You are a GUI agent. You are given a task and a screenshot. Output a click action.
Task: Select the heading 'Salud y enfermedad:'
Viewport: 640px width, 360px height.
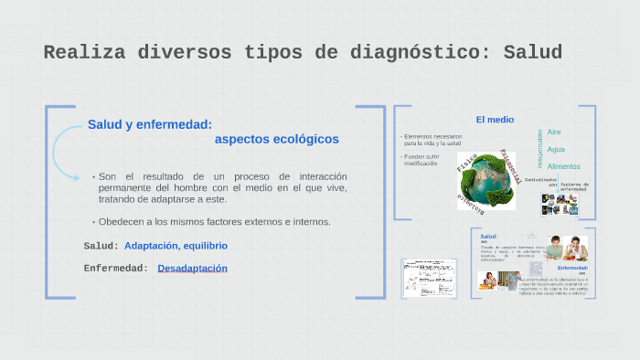pos(150,124)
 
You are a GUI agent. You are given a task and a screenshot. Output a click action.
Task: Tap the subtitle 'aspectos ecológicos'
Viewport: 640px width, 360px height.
pos(276,139)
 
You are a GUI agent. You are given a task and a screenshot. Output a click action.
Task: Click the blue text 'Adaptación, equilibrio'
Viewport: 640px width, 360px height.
pos(176,246)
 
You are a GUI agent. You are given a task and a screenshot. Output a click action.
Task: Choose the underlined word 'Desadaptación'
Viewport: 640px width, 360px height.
pos(192,269)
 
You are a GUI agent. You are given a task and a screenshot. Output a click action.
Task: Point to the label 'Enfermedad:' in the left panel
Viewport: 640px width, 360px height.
pos(115,269)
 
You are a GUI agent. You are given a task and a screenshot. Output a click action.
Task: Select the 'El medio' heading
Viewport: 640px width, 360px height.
pos(495,119)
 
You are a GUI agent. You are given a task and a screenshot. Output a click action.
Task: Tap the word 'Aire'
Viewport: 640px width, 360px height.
pos(554,132)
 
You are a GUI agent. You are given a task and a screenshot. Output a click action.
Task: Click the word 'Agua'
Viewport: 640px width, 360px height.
pos(556,149)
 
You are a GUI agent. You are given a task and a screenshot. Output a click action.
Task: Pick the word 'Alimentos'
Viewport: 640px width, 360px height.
pos(563,166)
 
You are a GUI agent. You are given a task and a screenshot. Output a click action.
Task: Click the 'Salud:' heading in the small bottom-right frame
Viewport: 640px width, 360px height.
pos(489,237)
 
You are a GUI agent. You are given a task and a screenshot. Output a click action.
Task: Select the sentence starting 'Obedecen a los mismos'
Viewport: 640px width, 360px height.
pos(214,222)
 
